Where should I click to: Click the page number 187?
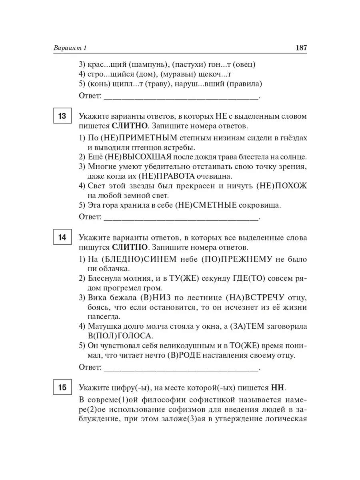(301, 48)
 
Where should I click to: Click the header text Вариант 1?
(70, 48)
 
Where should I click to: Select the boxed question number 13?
(62, 117)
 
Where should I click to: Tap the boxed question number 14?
(62, 238)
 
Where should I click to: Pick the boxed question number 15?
(62, 388)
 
